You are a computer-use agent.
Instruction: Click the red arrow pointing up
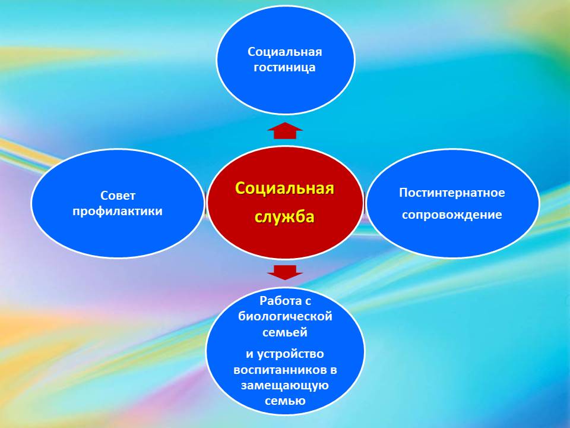click(284, 130)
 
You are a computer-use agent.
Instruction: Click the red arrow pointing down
click(284, 272)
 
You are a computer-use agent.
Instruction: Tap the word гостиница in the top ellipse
click(284, 67)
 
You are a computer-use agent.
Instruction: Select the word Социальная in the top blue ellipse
click(284, 52)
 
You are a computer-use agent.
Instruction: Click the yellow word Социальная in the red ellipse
click(284, 188)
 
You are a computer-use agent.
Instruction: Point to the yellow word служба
click(284, 216)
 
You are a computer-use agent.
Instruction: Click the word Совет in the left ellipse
click(118, 196)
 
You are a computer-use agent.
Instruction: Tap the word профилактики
click(118, 212)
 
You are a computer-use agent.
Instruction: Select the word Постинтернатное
click(452, 193)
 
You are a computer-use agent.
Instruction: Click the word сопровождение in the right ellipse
click(452, 215)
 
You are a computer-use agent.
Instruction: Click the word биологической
click(285, 316)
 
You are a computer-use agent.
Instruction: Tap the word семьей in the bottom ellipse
click(285, 332)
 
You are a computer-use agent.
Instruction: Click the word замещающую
click(285, 386)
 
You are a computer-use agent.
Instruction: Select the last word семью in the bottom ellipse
click(285, 401)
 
